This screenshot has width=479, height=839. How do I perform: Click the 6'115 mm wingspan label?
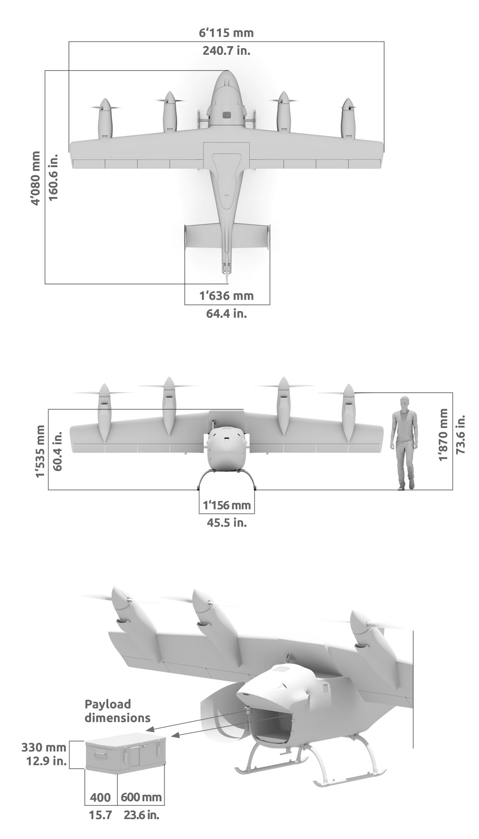tap(226, 32)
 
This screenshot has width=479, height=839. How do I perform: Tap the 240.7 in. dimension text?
tap(226, 51)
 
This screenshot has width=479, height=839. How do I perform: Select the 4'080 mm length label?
tap(36, 178)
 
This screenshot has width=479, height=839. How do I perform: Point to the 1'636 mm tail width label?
tap(226, 296)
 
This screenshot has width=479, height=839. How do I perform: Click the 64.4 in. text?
tap(226, 313)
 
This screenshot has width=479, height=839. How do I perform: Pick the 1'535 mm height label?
tap(40, 451)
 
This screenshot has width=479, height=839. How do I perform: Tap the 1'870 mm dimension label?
tap(444, 434)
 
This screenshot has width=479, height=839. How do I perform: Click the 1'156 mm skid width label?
tap(226, 505)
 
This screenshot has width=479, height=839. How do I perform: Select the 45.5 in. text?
tap(226, 523)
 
